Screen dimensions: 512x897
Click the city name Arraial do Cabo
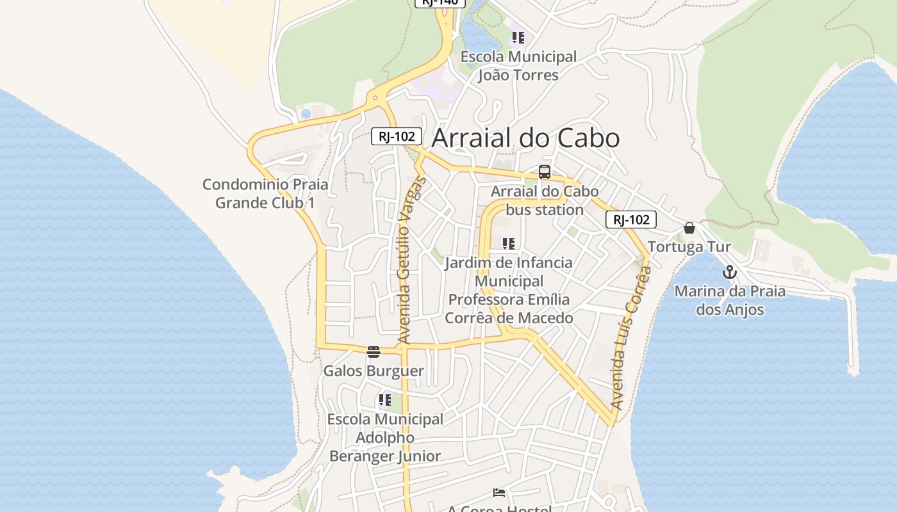[x=525, y=138]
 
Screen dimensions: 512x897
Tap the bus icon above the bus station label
[x=545, y=172]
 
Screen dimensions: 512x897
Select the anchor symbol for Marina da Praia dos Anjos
[x=729, y=273]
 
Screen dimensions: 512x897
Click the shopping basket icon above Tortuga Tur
[x=689, y=228]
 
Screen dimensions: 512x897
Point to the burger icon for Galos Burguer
[x=374, y=351]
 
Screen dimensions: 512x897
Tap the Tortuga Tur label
[x=689, y=247]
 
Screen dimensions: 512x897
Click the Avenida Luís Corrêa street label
[x=631, y=338]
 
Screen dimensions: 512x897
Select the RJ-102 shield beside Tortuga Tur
[x=631, y=220]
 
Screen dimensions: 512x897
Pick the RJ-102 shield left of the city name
[x=397, y=136]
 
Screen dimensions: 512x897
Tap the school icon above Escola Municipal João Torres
[x=518, y=38]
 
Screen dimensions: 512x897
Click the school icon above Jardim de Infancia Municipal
[x=509, y=244]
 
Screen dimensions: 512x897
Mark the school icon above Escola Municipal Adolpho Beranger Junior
[x=384, y=400]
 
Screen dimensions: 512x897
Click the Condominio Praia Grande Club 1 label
[x=265, y=193]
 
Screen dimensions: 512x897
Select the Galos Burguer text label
[x=374, y=371]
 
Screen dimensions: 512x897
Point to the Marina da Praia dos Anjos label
[x=730, y=301]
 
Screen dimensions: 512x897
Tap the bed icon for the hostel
[x=499, y=493]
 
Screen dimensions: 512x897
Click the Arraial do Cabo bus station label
[x=545, y=200]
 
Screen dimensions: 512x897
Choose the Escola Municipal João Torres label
[x=518, y=66]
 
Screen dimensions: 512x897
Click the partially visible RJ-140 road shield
[x=440, y=3]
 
